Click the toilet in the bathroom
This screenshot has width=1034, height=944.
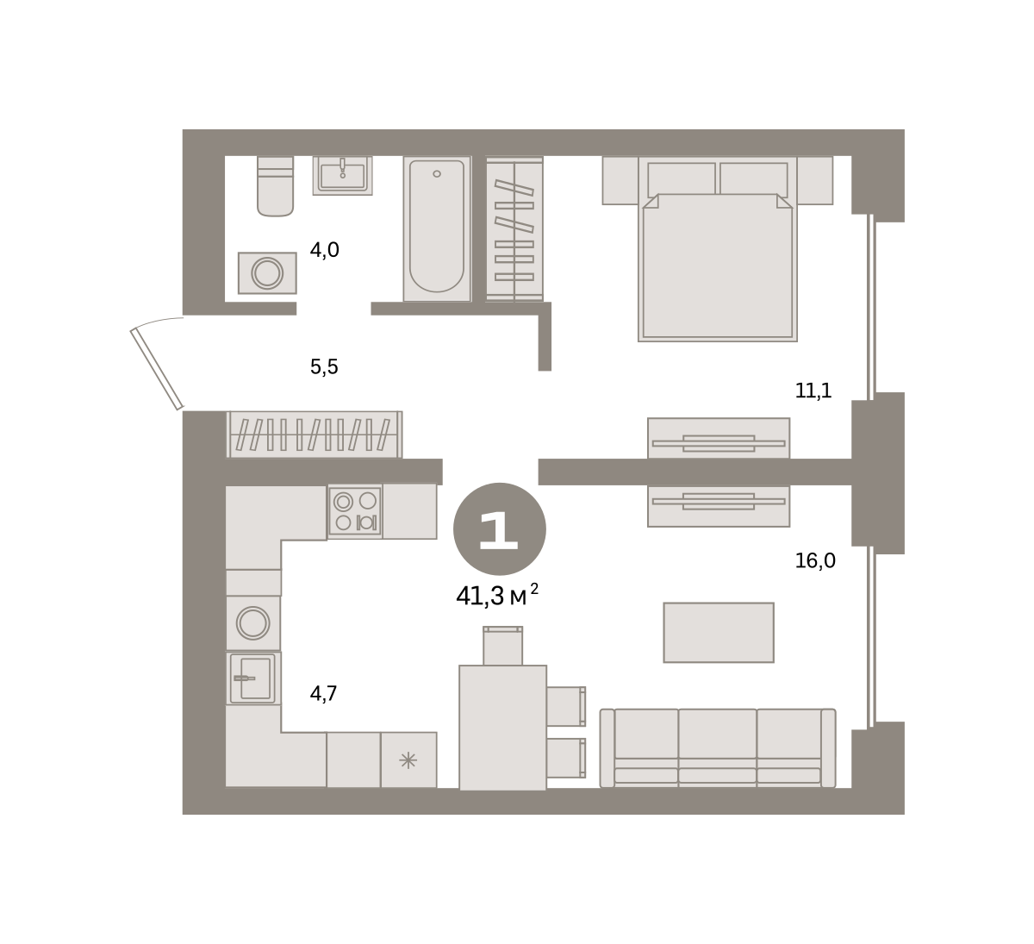point(275,185)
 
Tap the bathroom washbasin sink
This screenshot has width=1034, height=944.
point(342,175)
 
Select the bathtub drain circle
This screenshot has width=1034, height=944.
point(437,174)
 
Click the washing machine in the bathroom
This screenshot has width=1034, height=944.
point(267,273)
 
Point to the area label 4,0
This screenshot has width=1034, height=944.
point(324,250)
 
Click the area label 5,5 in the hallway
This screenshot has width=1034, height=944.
point(324,366)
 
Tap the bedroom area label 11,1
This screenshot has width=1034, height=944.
point(813,391)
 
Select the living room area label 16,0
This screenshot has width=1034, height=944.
point(815,560)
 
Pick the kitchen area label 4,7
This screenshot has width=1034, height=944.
point(323,693)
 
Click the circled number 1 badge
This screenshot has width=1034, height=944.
point(500,528)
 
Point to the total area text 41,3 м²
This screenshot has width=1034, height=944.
point(497,596)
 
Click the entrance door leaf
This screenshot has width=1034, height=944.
point(157,369)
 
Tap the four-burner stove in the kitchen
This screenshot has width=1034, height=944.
point(355,511)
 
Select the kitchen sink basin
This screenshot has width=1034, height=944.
point(252,678)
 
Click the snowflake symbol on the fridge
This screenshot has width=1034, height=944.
point(408,760)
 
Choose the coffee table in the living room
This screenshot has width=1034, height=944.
point(719,633)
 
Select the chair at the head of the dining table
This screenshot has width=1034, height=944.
point(502,646)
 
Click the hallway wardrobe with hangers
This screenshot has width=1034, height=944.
point(315,434)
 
